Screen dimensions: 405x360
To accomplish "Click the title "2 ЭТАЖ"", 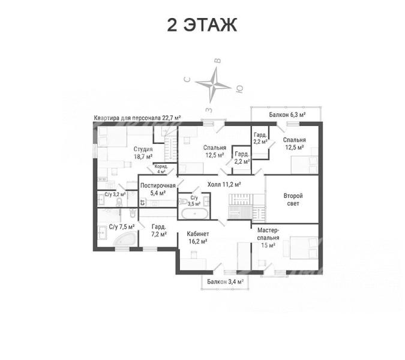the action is (x=202, y=25).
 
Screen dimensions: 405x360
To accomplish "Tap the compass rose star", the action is (x=214, y=85).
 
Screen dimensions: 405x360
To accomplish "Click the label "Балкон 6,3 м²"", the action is (x=287, y=115).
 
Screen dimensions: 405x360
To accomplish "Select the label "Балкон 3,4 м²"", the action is (x=226, y=281).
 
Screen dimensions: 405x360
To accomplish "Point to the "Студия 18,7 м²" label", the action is (x=143, y=152).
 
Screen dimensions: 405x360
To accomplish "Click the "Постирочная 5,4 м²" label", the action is (x=158, y=189).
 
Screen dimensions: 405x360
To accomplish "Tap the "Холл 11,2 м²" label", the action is (x=224, y=184).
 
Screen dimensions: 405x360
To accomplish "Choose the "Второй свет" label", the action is (x=293, y=199).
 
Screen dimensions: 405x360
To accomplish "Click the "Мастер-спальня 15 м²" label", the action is (x=268, y=238).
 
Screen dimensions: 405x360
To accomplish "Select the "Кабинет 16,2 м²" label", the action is (x=197, y=238).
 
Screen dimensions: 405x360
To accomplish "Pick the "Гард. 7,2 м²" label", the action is (x=159, y=230).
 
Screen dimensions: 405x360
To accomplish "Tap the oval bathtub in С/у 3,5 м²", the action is (x=194, y=214).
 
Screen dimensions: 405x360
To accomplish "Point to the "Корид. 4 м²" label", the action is (x=161, y=169).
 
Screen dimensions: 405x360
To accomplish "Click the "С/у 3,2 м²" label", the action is (x=115, y=194).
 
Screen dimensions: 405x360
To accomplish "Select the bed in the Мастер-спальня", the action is (x=304, y=247).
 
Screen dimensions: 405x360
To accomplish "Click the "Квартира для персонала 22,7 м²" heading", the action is (x=137, y=118).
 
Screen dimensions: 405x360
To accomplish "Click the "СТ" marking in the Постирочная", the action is (x=142, y=202).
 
